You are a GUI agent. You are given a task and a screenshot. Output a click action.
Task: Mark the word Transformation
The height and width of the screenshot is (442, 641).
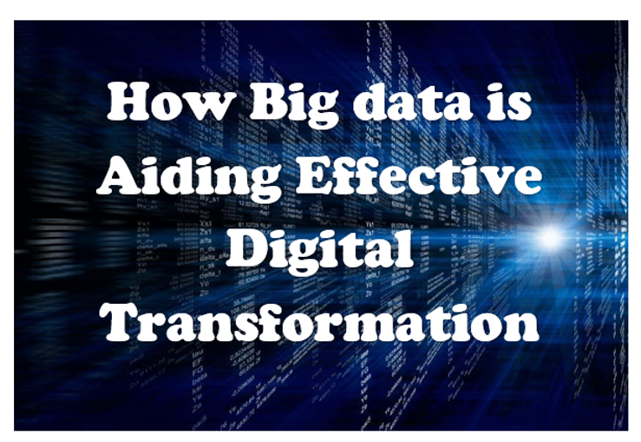[320, 323]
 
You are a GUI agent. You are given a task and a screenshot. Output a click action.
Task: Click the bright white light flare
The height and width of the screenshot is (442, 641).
[550, 236]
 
